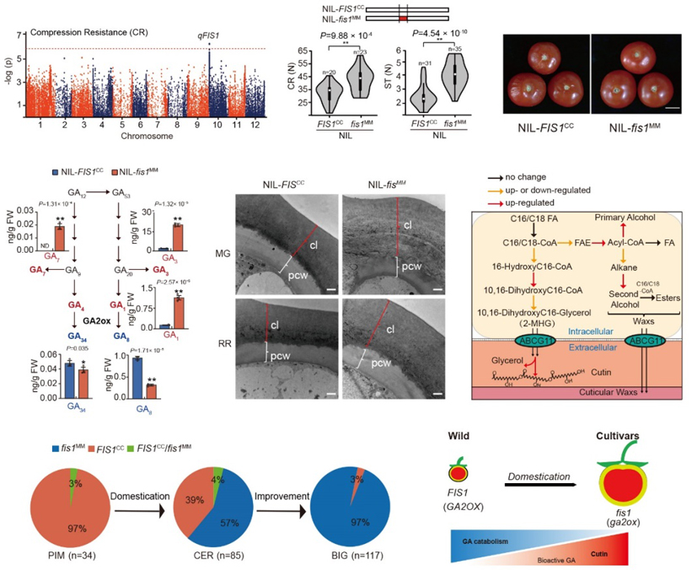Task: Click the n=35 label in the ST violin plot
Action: [x=456, y=49]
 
